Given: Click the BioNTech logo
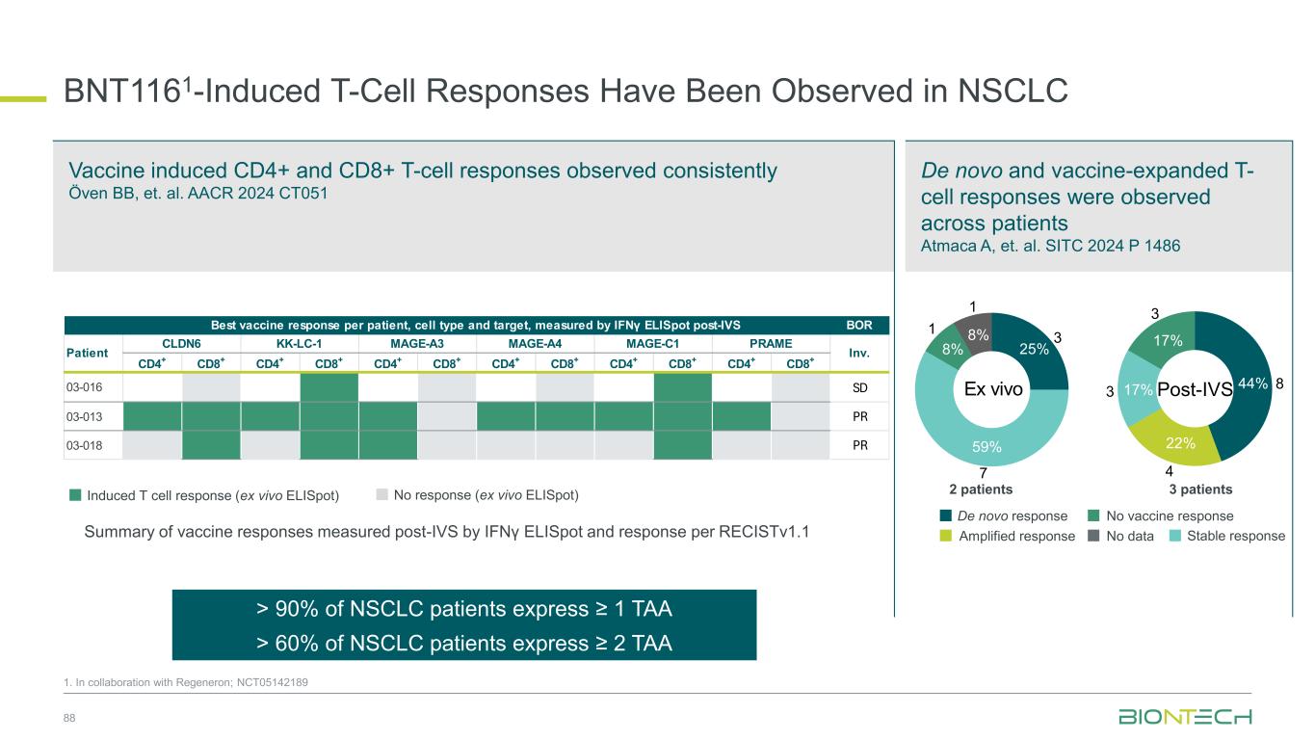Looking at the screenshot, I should pyautogui.click(x=1185, y=717).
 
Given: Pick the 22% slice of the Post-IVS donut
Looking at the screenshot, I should pyautogui.click(x=1182, y=442).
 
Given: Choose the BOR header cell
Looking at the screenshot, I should pyautogui.click(x=860, y=326).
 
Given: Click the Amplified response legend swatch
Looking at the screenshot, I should pyautogui.click(x=947, y=536).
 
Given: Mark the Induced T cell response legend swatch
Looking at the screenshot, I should pyautogui.click(x=75, y=495).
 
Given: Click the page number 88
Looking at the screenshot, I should pyautogui.click(x=69, y=719).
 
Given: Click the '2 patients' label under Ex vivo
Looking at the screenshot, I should pyautogui.click(x=982, y=489).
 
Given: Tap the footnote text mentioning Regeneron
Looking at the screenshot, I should pyautogui.click(x=186, y=682).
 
